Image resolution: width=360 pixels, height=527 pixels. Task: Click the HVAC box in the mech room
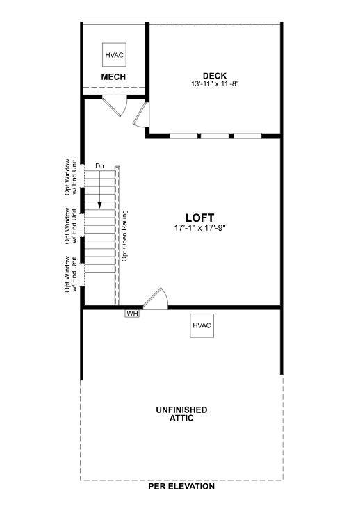pos(113,54)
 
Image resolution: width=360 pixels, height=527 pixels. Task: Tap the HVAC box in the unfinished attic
pos(202,325)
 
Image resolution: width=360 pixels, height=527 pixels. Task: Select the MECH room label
pos(113,76)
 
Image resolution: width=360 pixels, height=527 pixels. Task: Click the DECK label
pos(215,76)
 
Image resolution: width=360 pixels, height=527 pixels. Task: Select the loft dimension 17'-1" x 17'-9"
pos(200,227)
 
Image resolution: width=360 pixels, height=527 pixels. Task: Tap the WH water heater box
pos(132,314)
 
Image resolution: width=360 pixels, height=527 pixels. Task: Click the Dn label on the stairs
pos(99,166)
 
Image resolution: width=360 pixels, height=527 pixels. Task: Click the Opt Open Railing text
pos(125,235)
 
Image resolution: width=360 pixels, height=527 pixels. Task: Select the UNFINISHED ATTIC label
pos(181,414)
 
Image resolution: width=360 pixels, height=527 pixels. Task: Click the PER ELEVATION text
pos(181,487)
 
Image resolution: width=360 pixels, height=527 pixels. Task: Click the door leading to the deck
pos(141,115)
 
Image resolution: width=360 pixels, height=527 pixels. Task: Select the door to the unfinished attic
pos(156,299)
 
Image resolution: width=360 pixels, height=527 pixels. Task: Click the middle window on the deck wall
pos(215,136)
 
